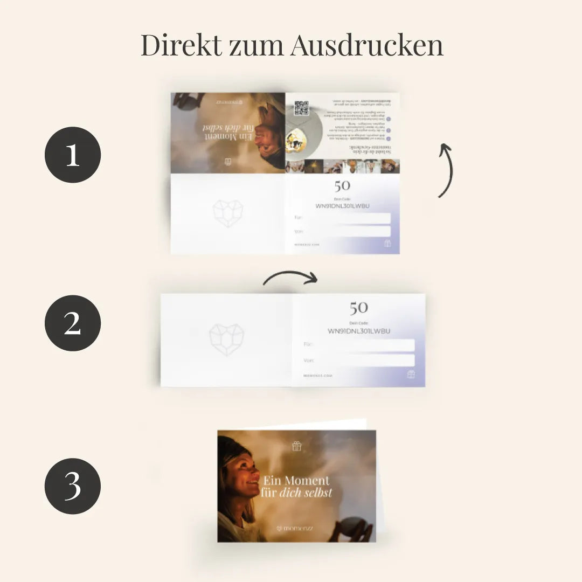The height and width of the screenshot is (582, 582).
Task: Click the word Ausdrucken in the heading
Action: (366, 46)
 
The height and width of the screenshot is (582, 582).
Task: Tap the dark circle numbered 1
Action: (73, 155)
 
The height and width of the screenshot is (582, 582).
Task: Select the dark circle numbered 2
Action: (73, 323)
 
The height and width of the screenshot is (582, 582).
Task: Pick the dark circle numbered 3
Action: (73, 486)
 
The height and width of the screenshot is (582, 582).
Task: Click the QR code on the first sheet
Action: (301, 108)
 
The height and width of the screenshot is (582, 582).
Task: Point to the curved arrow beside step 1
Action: (446, 170)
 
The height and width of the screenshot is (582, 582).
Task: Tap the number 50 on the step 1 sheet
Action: (342, 186)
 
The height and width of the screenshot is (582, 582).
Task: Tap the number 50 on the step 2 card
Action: (358, 308)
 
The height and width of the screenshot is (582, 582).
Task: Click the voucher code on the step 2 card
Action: (359, 331)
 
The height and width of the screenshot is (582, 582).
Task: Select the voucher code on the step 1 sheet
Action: (343, 206)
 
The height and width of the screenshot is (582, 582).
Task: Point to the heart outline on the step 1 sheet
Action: (228, 213)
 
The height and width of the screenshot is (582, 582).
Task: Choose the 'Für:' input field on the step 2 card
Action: (359, 345)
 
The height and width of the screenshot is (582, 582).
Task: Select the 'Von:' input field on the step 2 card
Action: (359, 360)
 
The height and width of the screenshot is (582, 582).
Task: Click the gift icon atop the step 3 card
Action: (296, 446)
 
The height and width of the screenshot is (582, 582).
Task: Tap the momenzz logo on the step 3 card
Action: (295, 529)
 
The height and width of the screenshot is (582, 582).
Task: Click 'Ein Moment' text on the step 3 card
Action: (296, 480)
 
